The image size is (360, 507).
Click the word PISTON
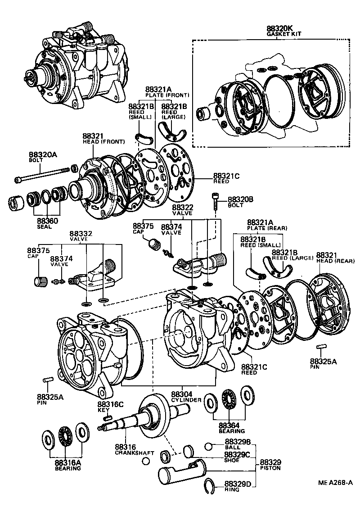click(x=270, y=468)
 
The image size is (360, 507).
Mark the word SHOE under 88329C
click(x=232, y=461)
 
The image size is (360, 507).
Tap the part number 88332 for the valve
click(x=81, y=234)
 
